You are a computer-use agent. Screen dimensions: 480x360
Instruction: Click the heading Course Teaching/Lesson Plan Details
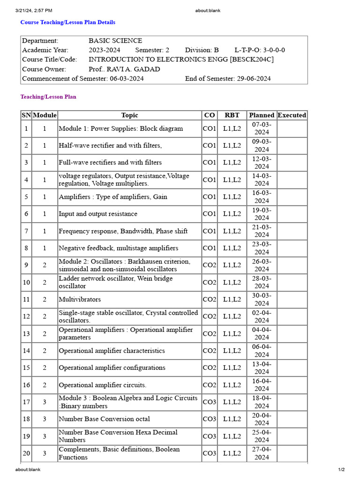pos(67,22)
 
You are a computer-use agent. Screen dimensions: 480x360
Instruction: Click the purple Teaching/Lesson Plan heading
pos(48,97)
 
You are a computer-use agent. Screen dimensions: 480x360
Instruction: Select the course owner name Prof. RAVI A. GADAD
pos(124,69)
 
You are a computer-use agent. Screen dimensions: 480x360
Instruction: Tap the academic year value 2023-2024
pos(104,50)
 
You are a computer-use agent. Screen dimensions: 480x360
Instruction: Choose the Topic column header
pos(129,115)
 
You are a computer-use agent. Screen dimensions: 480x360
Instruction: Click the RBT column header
pos(232,115)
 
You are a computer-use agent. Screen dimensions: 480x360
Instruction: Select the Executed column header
pos(292,115)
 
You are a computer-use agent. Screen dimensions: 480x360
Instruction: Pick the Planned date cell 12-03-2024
pos(262,163)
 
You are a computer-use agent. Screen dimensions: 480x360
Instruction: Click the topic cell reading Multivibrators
pos(80,300)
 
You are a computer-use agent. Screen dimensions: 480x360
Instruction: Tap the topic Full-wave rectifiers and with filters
pos(110,163)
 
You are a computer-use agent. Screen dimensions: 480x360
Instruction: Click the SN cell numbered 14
pos(26,351)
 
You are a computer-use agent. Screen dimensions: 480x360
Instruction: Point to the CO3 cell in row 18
pos(210,419)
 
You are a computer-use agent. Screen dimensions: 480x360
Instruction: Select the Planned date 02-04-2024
pos(262,316)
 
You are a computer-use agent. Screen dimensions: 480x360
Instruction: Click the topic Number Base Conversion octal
pos(104,419)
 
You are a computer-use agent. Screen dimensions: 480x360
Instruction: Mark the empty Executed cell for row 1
pos(292,128)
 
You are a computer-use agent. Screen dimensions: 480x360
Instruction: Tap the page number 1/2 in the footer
pos(341,469)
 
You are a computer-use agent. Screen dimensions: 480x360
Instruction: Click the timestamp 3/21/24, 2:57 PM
pos(34,10)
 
